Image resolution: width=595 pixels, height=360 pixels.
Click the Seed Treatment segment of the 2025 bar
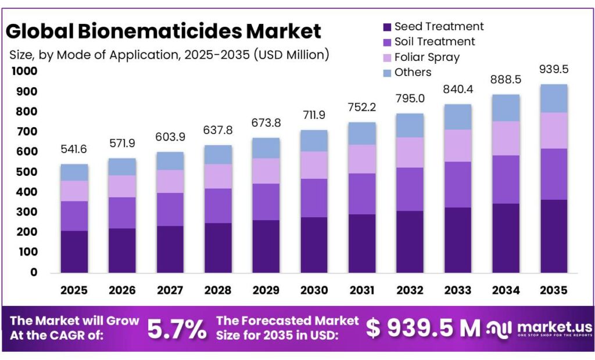74,251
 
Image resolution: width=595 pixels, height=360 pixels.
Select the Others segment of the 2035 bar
553,98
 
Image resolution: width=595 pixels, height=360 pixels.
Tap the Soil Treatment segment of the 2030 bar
314,198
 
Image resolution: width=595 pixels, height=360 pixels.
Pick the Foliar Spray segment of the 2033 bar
457,146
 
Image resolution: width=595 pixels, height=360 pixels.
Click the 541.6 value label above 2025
74,150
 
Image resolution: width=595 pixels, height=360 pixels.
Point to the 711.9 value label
314,116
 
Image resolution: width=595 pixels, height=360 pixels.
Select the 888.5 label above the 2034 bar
506,80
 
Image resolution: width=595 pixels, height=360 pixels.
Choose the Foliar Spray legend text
426,57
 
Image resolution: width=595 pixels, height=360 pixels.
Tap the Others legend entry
413,73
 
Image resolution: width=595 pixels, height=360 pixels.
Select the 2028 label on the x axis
218,290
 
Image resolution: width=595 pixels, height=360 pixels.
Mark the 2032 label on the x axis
410,290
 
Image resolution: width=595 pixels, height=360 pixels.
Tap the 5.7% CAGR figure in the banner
177,329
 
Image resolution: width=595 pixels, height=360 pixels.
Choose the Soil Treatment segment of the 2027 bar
170,209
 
